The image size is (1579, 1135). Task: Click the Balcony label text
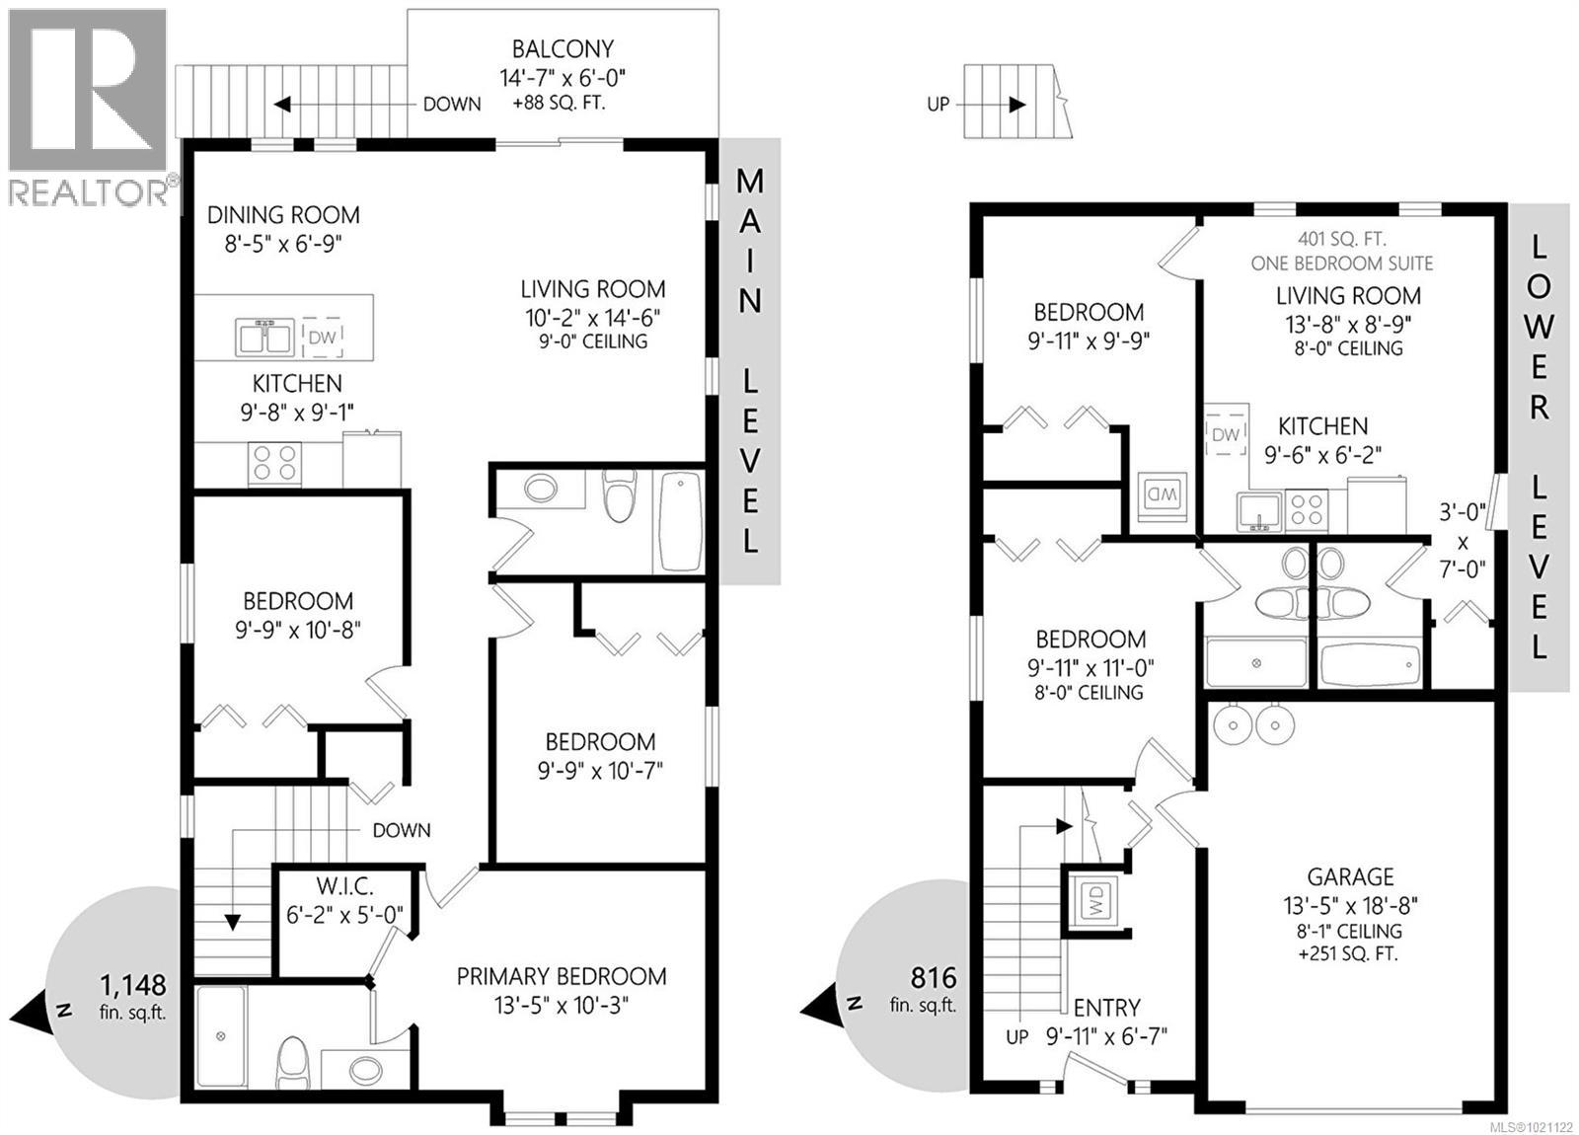pyautogui.click(x=563, y=49)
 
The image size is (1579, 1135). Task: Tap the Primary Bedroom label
pyautogui.click(x=561, y=976)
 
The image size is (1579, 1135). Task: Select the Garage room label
pyautogui.click(x=1350, y=876)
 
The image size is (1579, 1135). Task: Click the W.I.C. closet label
pyautogui.click(x=344, y=886)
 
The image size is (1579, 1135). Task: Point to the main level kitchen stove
pyautogui.click(x=275, y=462)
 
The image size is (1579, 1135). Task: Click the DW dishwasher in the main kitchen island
pyautogui.click(x=323, y=338)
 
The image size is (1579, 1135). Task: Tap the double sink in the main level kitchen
pyautogui.click(x=263, y=338)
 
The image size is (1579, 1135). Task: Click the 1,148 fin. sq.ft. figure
pyautogui.click(x=133, y=985)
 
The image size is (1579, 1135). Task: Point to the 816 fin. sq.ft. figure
pyautogui.click(x=934, y=978)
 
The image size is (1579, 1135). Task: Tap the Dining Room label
pyautogui.click(x=283, y=215)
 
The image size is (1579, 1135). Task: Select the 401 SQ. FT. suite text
pyautogui.click(x=1341, y=239)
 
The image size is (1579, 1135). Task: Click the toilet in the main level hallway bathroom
pyautogui.click(x=619, y=496)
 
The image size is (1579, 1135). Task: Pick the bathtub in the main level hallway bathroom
pyautogui.click(x=680, y=521)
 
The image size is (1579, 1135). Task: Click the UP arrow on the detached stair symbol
pyautogui.click(x=1015, y=105)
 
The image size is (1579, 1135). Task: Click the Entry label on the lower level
pyautogui.click(x=1106, y=1008)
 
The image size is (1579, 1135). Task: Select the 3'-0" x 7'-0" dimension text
pyautogui.click(x=1462, y=541)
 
